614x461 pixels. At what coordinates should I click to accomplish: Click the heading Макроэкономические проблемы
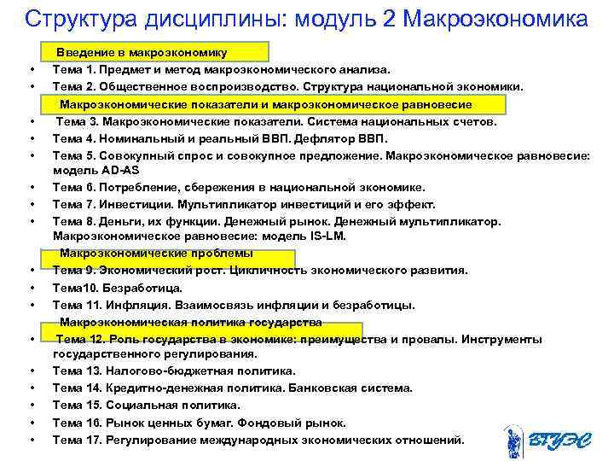coord(156,254)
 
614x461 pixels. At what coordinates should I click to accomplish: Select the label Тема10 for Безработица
coord(76,288)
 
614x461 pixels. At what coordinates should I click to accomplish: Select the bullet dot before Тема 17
coord(31,441)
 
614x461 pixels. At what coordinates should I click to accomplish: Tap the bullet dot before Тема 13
coord(31,371)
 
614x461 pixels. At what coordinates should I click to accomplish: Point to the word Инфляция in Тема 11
coord(137,305)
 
